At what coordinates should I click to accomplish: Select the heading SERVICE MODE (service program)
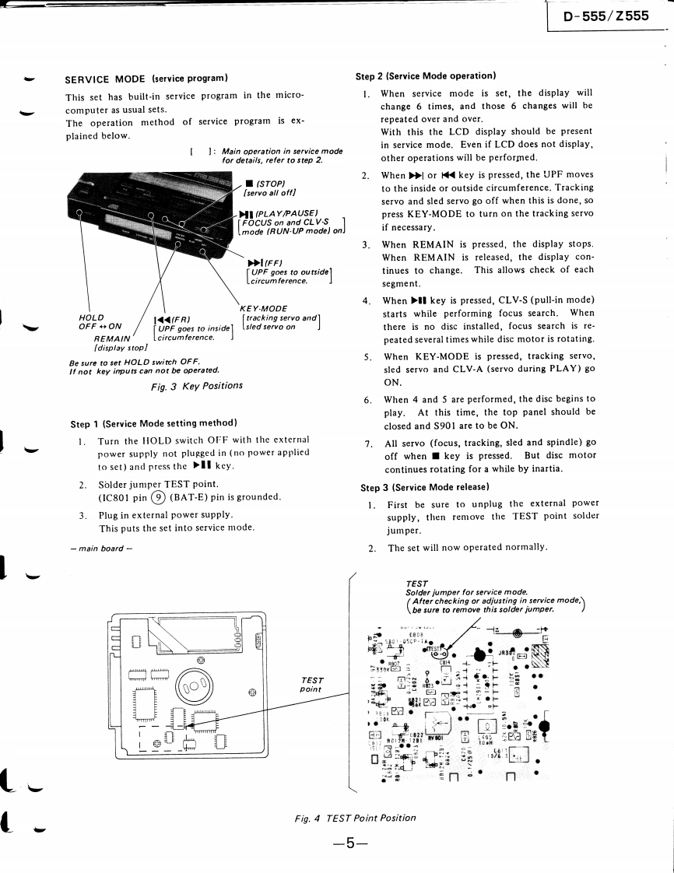(146, 79)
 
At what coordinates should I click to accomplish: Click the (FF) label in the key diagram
(265, 262)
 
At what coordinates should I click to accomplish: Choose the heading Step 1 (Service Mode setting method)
(153, 423)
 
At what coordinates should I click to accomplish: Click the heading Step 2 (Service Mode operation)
(426, 76)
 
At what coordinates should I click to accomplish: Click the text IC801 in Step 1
(115, 496)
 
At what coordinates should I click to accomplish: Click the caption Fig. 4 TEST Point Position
(355, 818)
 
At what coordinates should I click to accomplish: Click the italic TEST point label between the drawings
(311, 684)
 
